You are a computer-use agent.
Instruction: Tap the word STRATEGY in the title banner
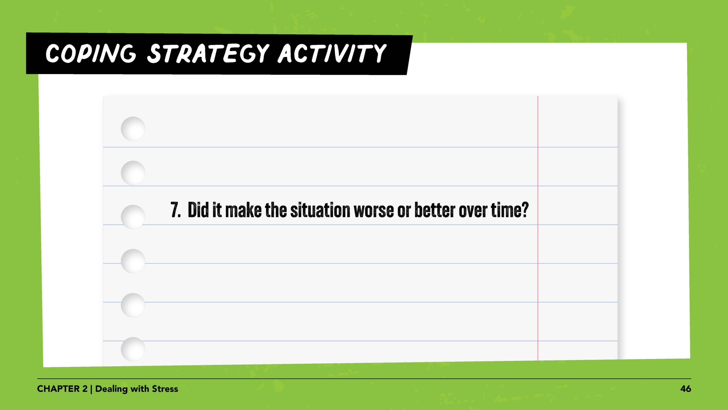(208, 54)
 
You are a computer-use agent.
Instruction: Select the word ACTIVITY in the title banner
(332, 54)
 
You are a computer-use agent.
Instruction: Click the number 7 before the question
(174, 210)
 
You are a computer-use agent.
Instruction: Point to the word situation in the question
(320, 210)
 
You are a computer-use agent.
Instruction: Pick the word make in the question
(243, 210)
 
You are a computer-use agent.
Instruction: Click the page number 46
(686, 389)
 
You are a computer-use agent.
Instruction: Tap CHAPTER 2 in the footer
(62, 389)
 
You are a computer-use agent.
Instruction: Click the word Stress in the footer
(165, 389)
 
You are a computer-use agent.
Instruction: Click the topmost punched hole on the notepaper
(133, 129)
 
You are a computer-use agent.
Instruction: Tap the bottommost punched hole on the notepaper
(133, 349)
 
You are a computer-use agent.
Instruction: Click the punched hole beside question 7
(133, 217)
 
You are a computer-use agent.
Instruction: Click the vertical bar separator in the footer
(91, 389)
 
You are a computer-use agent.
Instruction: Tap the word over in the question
(473, 210)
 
